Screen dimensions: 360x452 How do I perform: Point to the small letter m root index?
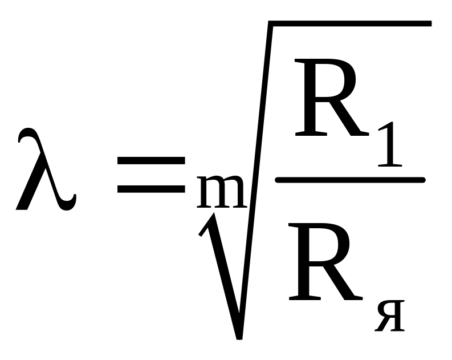[x=220, y=194]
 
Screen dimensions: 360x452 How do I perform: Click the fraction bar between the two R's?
[x=350, y=180]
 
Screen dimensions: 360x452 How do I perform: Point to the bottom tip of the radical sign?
[x=240, y=335]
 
